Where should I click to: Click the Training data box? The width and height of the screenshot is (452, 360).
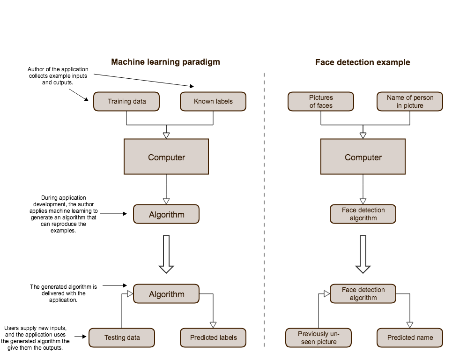(126, 101)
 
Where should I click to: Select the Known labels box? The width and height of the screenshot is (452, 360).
(213, 101)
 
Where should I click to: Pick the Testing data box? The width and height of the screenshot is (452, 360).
(122, 337)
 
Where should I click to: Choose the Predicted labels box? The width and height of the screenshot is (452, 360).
(213, 337)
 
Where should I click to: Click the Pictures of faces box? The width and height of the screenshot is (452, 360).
(321, 101)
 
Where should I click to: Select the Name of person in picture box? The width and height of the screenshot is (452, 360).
(410, 101)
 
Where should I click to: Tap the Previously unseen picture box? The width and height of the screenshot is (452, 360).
(319, 337)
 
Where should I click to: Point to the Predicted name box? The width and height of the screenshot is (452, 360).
(410, 337)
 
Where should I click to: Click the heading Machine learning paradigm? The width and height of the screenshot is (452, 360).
(165, 62)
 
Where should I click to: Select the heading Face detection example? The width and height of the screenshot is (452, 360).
(363, 62)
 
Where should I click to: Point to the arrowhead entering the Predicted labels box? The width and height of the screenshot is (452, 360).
(213, 325)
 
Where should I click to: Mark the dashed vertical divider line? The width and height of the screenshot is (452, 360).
(265, 211)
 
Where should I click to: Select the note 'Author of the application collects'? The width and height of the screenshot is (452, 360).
(58, 76)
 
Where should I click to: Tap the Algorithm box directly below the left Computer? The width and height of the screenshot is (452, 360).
(166, 215)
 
